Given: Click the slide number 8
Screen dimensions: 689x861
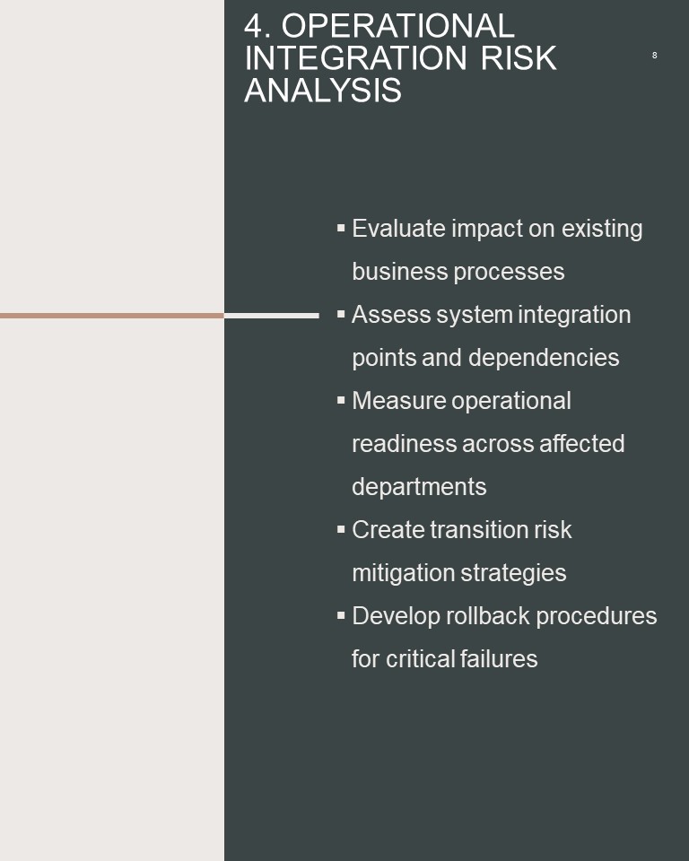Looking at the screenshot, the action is pos(654,56).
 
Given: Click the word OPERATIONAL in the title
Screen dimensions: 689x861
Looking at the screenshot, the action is pos(397,26).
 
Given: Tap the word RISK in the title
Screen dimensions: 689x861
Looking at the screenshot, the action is pos(519,58).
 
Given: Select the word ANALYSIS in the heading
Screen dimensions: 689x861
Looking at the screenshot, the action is pos(323,90).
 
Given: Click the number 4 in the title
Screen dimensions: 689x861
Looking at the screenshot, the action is pos(257,26).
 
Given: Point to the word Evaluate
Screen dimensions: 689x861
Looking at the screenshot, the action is pos(398,229).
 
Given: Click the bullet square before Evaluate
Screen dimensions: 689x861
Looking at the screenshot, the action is pos(341,227).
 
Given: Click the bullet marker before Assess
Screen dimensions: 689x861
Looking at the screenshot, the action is pos(341,314).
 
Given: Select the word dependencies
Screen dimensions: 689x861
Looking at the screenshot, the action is pos(544,358).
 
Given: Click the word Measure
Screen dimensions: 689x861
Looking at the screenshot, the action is pos(398,401).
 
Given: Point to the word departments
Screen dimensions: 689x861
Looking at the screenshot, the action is pos(419,487).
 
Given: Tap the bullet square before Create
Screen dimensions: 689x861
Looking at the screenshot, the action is pos(341,529).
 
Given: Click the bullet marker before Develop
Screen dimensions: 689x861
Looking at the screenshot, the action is pos(341,615).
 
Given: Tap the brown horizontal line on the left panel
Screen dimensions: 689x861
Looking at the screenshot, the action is pos(112,316).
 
